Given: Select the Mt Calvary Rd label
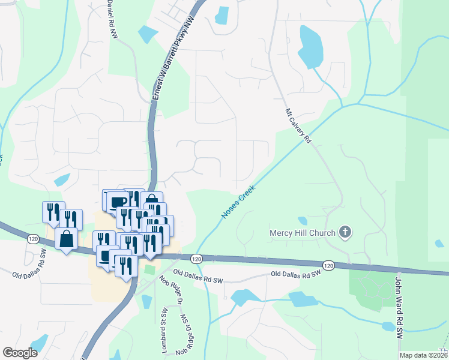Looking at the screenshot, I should pyautogui.click(x=297, y=125).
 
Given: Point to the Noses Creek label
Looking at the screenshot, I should pyautogui.click(x=238, y=201).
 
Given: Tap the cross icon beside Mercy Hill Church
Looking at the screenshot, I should pyautogui.click(x=345, y=231).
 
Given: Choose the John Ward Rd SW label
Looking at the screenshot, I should pyautogui.click(x=397, y=306).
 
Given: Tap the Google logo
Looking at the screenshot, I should pyautogui.click(x=20, y=353).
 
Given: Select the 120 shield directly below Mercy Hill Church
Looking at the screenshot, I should pyautogui.click(x=328, y=265).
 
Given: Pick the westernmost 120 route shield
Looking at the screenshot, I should pyautogui.click(x=31, y=238).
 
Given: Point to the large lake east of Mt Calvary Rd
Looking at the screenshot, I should pyautogui.click(x=310, y=47).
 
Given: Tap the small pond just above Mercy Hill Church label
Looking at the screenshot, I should pyautogui.click(x=303, y=221).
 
